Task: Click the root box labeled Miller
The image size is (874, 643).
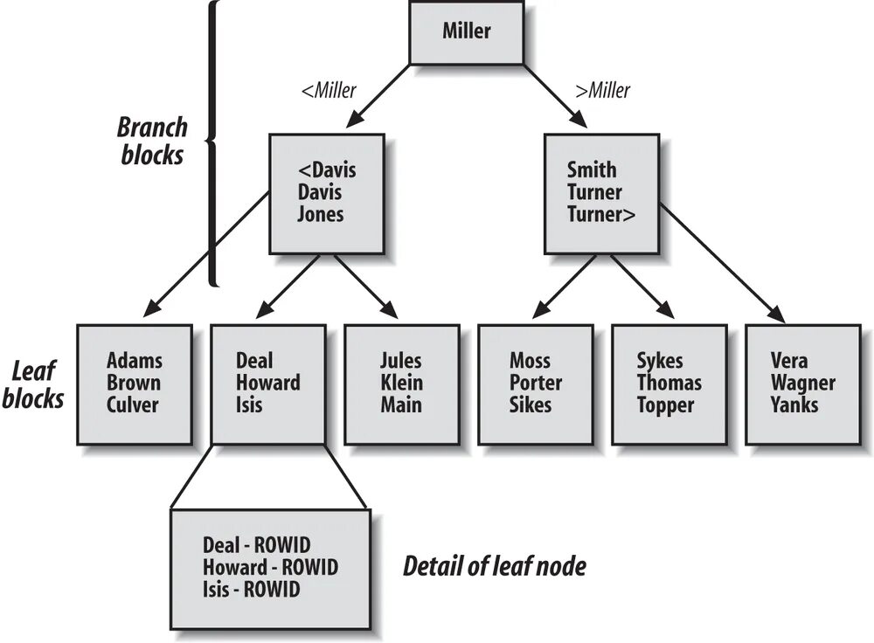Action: (467, 32)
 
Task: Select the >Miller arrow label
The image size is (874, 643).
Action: (602, 90)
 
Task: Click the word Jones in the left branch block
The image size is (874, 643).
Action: (321, 214)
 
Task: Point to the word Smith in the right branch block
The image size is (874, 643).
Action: (592, 169)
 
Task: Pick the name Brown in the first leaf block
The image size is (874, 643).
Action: (134, 383)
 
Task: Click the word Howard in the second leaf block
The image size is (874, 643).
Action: (268, 383)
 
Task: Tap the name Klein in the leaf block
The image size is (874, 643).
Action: (401, 383)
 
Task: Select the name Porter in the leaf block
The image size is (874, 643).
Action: (536, 383)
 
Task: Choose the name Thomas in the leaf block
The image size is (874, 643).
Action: (669, 383)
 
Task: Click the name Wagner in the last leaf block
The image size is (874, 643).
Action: (802, 383)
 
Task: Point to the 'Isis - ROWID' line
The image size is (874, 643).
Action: (251, 590)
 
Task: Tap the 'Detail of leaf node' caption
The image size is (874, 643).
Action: (494, 566)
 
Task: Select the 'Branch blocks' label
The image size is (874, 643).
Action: (153, 140)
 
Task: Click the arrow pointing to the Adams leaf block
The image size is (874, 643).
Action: (205, 252)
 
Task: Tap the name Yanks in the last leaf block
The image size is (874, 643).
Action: (794, 404)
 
